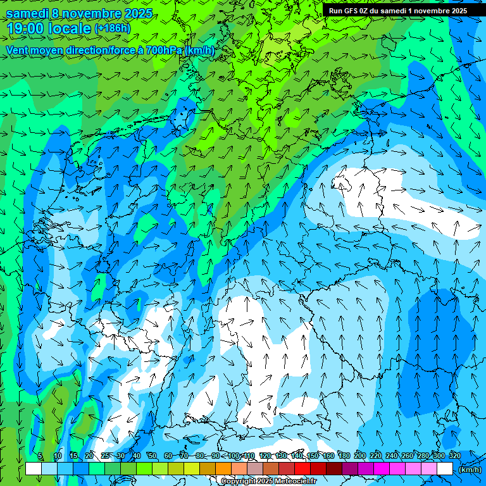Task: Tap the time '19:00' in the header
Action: click(x=25, y=28)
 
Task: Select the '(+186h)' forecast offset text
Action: click(x=113, y=28)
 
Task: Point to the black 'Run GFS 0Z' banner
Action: click(x=397, y=10)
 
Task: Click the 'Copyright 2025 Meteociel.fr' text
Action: click(x=268, y=482)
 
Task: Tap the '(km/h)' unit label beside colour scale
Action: click(x=470, y=469)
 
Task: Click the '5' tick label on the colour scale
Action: click(x=40, y=456)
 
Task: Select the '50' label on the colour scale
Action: click(x=152, y=456)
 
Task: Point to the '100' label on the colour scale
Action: click(x=234, y=456)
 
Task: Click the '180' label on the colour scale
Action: click(x=344, y=456)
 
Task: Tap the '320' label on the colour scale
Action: click(x=454, y=456)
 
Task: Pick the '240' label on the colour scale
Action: click(x=392, y=456)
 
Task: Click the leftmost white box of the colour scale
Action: click(x=34, y=469)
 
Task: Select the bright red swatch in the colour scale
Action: click(x=302, y=469)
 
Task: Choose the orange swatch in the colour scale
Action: click(x=223, y=469)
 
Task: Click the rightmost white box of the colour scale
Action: click(x=445, y=469)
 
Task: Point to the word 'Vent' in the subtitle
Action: click(x=18, y=50)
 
